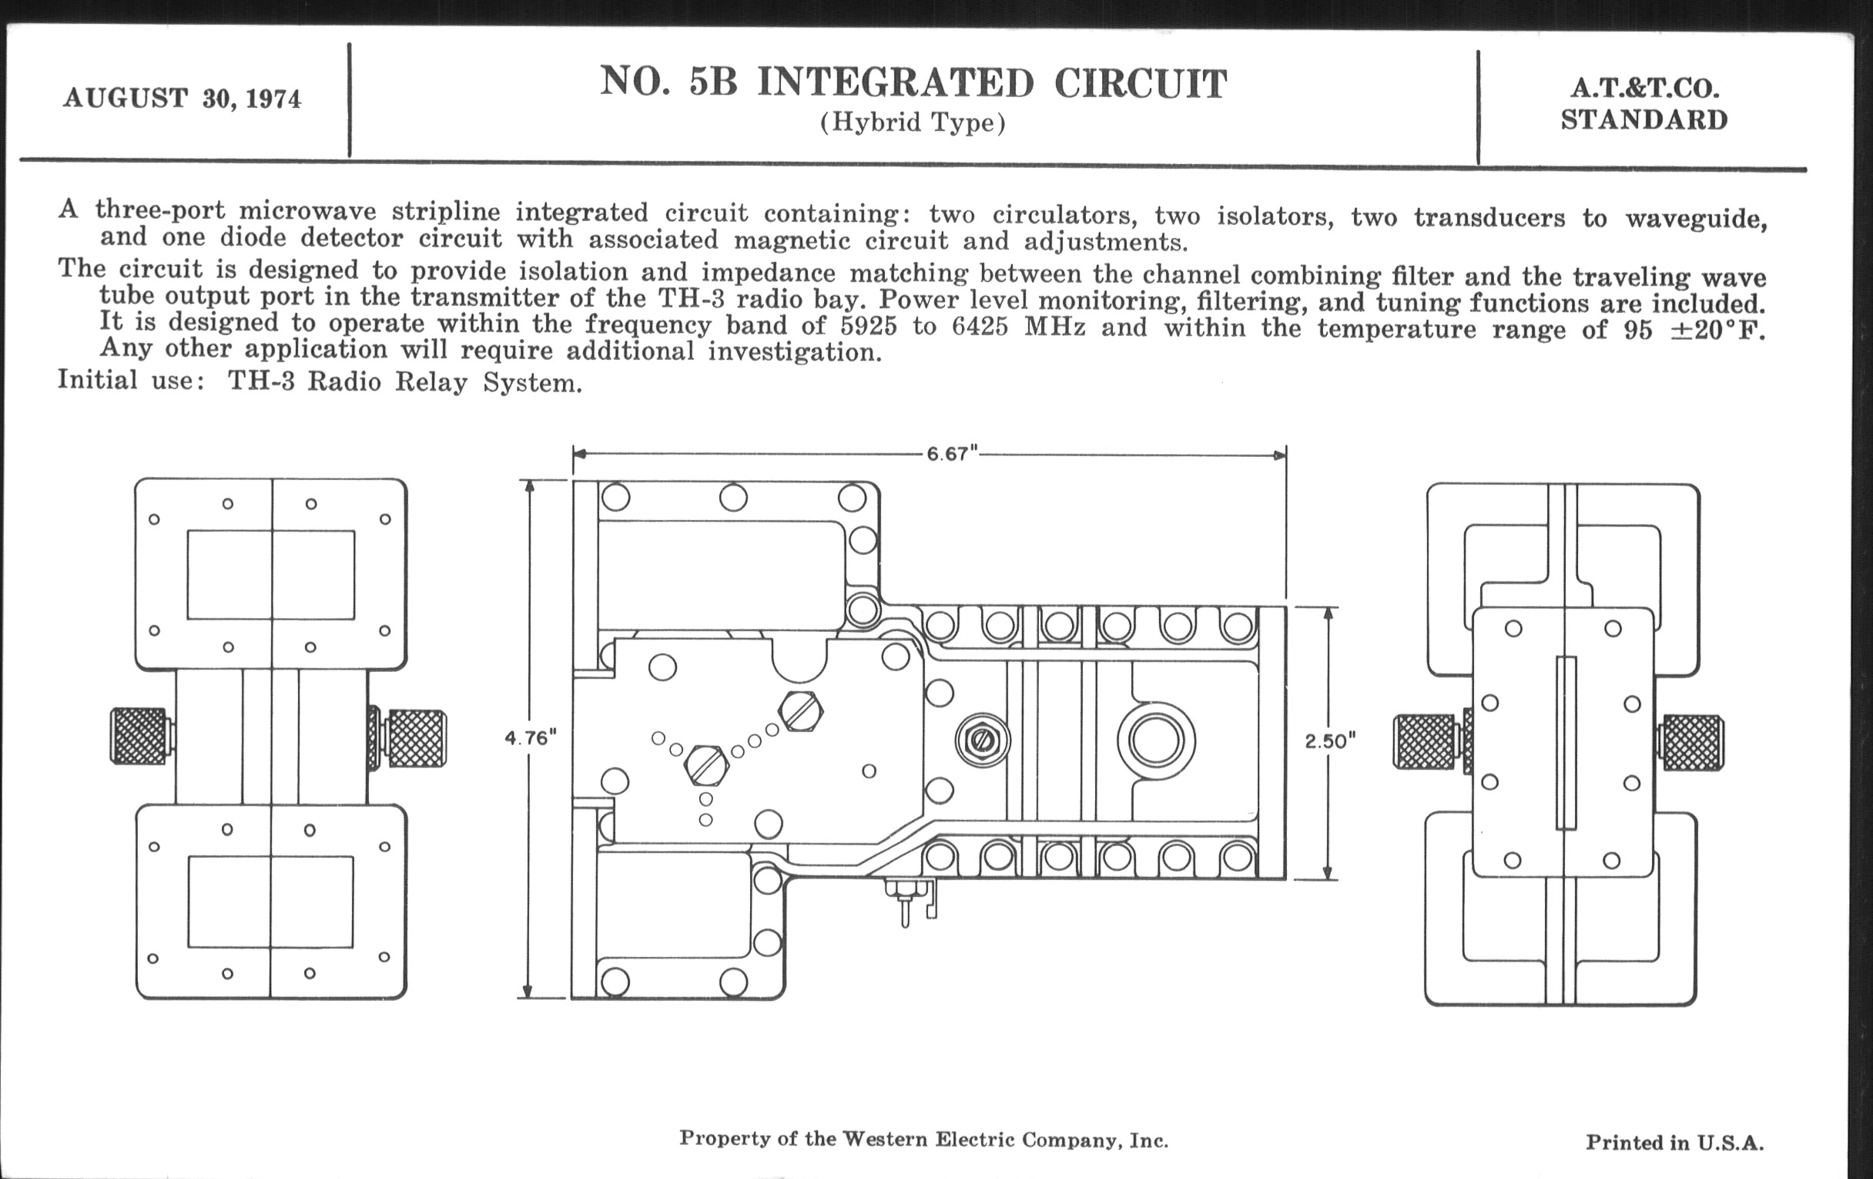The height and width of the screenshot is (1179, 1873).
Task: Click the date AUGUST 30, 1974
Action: [182, 99]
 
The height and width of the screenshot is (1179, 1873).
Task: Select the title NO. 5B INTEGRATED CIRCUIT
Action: [913, 83]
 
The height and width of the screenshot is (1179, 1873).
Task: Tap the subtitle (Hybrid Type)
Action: [913, 123]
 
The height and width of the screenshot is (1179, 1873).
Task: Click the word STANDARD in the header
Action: [1644, 121]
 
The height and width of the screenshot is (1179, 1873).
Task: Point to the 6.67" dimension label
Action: [951, 454]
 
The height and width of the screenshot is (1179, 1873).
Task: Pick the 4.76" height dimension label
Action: [531, 737]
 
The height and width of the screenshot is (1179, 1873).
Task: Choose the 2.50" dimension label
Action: [1330, 741]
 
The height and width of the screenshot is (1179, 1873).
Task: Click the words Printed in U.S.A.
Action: [1674, 1143]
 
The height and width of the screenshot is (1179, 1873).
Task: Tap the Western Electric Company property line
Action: [923, 1139]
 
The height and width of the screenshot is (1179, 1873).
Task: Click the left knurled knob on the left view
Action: [139, 735]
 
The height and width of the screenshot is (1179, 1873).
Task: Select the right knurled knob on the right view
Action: [1693, 742]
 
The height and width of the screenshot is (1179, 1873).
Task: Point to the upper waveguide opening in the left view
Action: [270, 575]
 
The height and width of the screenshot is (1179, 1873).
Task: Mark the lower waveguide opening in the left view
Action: [270, 902]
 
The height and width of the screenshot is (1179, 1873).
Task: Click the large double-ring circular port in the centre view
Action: [1156, 741]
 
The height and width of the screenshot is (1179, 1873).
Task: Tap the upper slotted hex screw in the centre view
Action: [800, 710]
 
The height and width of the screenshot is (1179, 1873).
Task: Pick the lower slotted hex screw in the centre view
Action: [706, 766]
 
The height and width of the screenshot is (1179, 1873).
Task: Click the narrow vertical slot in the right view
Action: [1566, 743]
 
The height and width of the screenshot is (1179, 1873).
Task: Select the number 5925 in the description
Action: [868, 326]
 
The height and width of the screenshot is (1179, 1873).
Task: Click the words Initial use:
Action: [131, 381]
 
